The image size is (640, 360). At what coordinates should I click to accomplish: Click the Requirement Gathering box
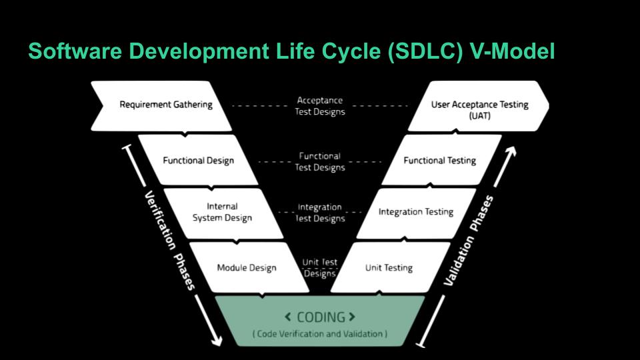[165, 105]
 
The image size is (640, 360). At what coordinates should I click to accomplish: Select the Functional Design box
[198, 161]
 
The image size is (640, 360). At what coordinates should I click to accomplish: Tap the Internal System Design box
[222, 212]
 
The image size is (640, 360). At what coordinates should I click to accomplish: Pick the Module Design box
[246, 268]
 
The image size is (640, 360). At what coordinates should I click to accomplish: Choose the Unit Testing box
[389, 268]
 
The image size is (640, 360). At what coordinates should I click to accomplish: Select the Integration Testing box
[415, 212]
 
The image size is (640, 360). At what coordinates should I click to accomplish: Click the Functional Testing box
[440, 161]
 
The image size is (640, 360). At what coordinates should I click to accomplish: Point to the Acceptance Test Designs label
[320, 106]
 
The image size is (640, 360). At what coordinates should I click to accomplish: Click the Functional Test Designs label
[320, 161]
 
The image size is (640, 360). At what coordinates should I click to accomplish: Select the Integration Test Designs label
[320, 213]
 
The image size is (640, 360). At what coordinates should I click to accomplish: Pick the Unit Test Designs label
[320, 268]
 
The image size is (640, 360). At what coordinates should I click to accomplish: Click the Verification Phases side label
[169, 241]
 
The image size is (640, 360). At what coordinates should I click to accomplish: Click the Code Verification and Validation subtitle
[320, 333]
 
